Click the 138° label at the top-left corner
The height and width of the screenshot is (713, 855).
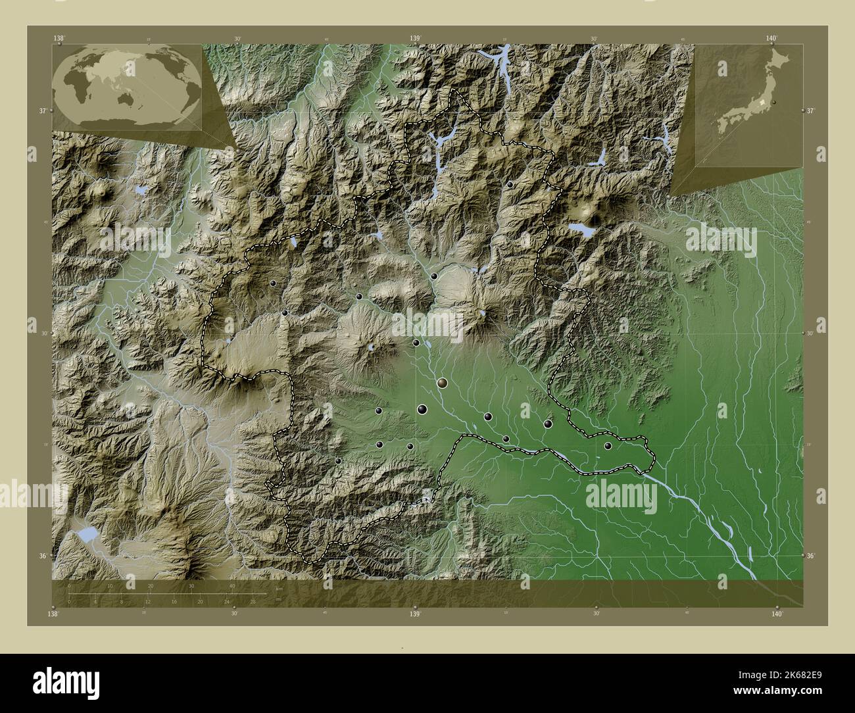tap(60, 38)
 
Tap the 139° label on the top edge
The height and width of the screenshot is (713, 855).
tap(416, 38)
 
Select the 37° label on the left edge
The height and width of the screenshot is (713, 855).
tap(42, 111)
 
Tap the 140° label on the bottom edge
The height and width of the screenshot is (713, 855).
tap(777, 614)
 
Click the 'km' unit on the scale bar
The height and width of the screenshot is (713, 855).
tap(280, 588)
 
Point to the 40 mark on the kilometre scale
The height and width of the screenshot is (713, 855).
tap(232, 586)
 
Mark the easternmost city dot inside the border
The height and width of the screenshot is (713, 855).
tap(608, 446)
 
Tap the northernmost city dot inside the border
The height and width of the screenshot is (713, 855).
tap(510, 185)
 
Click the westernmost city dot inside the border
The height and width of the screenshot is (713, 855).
tap(273, 283)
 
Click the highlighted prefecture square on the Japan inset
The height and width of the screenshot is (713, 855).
tap(762, 103)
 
